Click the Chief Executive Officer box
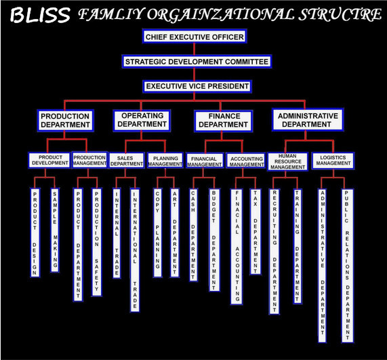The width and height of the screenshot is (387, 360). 195,37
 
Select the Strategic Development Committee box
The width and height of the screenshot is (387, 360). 197,62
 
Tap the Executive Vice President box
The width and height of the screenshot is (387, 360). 197,86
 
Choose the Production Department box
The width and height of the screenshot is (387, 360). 66,121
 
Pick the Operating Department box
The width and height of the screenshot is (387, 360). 142,120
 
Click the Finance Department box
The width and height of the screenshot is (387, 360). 224,121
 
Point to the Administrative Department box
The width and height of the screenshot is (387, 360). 308,120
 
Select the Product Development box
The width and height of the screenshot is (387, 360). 49,161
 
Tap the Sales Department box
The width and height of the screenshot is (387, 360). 126,161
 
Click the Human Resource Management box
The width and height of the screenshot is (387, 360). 288,162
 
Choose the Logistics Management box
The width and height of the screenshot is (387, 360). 333,161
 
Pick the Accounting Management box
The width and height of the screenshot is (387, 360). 245,161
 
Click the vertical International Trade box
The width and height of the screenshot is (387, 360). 135,250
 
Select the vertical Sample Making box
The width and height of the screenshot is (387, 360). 55,230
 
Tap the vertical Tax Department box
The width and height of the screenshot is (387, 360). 256,232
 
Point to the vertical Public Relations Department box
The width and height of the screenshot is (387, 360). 347,266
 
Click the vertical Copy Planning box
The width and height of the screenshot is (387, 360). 158,233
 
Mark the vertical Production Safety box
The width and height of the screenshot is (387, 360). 96,242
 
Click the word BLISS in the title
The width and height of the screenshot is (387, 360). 40,15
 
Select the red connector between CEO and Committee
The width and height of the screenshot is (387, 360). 195,49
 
